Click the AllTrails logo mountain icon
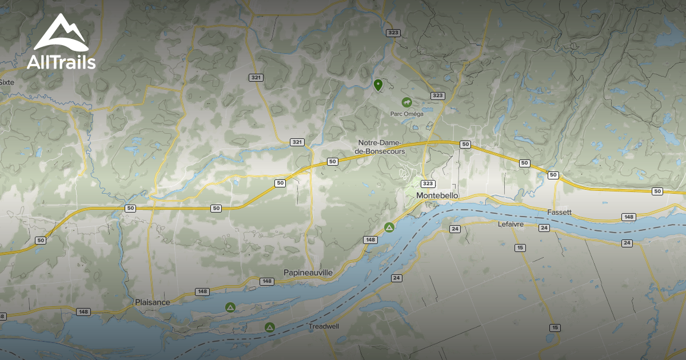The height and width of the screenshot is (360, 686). (61, 33)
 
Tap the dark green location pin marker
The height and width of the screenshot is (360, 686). (378, 85)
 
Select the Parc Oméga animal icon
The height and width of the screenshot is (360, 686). (407, 103)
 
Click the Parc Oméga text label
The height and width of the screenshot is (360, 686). (407, 114)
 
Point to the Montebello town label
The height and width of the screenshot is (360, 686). (437, 195)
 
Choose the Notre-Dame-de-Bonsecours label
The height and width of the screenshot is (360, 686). (381, 147)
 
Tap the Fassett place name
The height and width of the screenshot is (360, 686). (559, 212)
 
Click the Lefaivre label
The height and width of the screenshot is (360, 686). (510, 224)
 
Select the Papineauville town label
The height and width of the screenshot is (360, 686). (308, 273)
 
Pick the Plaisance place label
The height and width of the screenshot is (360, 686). (153, 302)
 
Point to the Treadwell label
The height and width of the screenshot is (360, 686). (324, 326)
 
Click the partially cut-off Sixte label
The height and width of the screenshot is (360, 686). (6, 82)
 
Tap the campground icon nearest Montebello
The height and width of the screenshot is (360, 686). (389, 227)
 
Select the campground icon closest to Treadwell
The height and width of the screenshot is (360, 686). (269, 327)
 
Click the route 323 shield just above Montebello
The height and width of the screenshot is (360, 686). (428, 183)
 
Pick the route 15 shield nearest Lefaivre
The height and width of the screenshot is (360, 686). (520, 247)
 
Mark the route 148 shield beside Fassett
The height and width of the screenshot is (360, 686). (629, 217)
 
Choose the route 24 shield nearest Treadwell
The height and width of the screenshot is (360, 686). (396, 278)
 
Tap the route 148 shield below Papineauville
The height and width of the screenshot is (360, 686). (266, 281)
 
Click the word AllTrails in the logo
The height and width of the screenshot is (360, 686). (61, 62)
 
